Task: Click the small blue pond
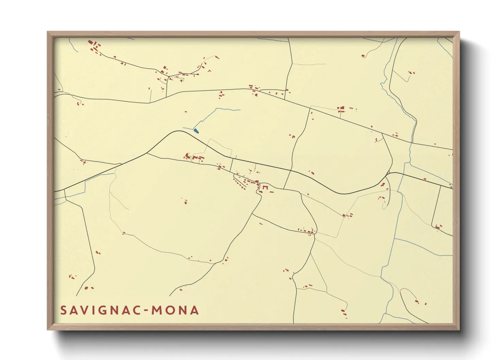point(196,130)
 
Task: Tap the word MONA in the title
point(175,310)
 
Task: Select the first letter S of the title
point(63,310)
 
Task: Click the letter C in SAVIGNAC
point(136,310)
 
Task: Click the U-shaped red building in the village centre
point(265,187)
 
